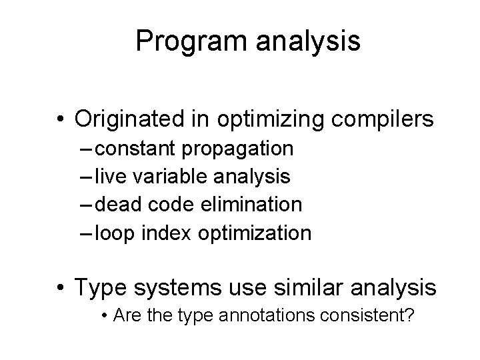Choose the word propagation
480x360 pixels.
point(241,147)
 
